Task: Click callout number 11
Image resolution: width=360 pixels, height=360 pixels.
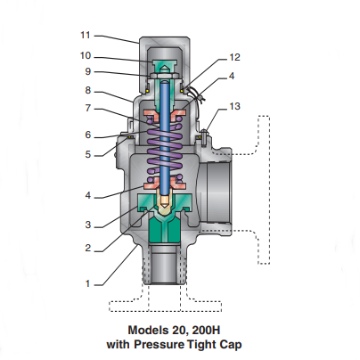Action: pos(86,35)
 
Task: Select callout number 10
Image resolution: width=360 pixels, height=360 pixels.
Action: pos(86,55)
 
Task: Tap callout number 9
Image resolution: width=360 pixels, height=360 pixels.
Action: pos(88,71)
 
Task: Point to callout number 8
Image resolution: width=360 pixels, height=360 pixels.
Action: pos(88,90)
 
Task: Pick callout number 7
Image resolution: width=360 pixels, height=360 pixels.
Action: pos(88,108)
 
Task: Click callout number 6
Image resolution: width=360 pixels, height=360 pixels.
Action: pos(88,135)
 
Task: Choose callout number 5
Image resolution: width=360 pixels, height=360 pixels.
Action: pos(88,154)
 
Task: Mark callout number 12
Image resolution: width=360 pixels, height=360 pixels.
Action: pos(234,57)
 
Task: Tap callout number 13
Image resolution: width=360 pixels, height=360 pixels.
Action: pos(234,106)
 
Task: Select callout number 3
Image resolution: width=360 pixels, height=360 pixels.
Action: pos(88,225)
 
